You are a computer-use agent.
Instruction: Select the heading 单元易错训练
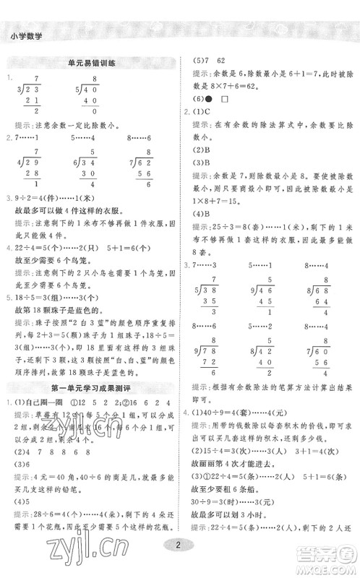click(90, 64)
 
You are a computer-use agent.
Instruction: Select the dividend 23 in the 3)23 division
click(33, 90)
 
